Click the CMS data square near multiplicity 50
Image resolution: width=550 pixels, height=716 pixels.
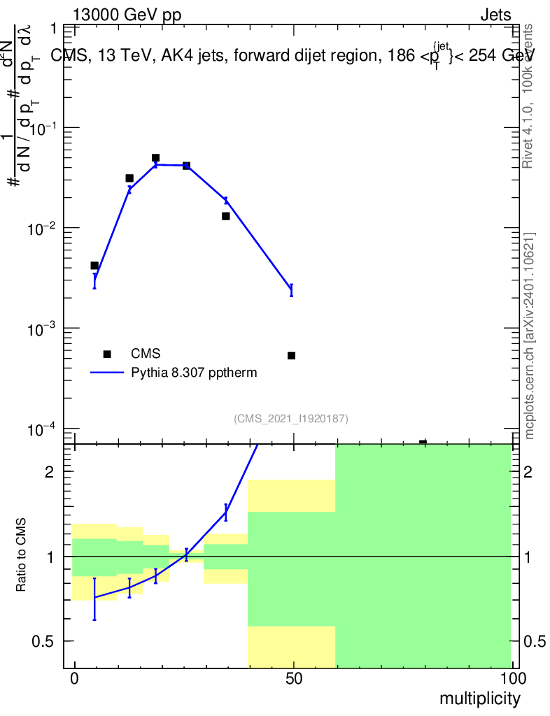292,355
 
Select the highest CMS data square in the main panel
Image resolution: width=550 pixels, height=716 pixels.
155,158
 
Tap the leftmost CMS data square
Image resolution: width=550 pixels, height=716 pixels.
94,266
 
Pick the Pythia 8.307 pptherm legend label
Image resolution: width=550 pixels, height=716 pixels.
195,373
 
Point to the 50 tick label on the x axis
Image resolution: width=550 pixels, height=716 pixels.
294,679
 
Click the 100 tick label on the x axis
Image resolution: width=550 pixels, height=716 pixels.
512,679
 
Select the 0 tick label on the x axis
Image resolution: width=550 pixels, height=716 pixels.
75,679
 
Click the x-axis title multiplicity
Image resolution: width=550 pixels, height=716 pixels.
479,699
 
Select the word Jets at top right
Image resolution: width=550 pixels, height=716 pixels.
495,15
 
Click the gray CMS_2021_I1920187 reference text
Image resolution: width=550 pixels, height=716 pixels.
291,418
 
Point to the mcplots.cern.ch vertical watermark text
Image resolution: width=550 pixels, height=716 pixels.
530,336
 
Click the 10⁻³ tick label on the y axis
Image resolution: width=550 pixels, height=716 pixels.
43,329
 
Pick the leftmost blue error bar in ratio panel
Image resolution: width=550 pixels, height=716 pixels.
94,599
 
